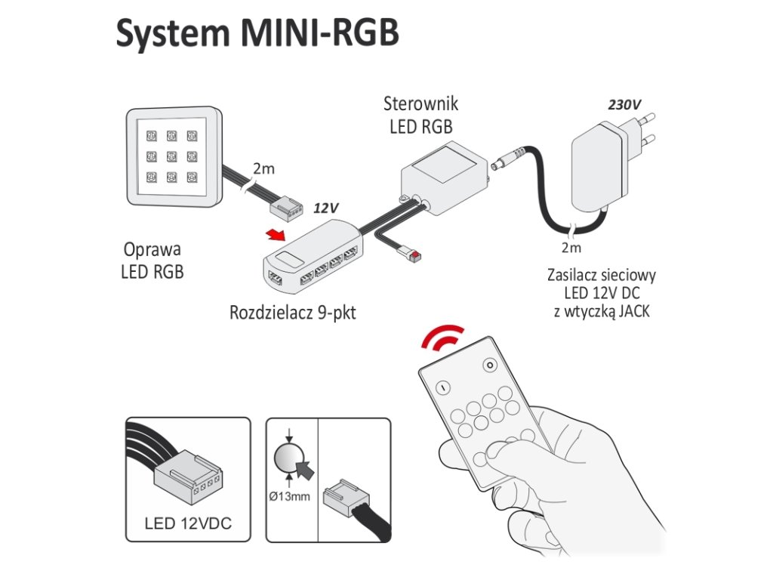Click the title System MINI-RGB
[x=257, y=33]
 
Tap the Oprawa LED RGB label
[x=152, y=260]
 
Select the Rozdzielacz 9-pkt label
[x=292, y=312]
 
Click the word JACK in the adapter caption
[x=632, y=310]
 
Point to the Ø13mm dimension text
[x=289, y=495]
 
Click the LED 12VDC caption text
[x=188, y=523]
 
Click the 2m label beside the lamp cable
[x=263, y=168]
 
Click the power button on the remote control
[x=443, y=387]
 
